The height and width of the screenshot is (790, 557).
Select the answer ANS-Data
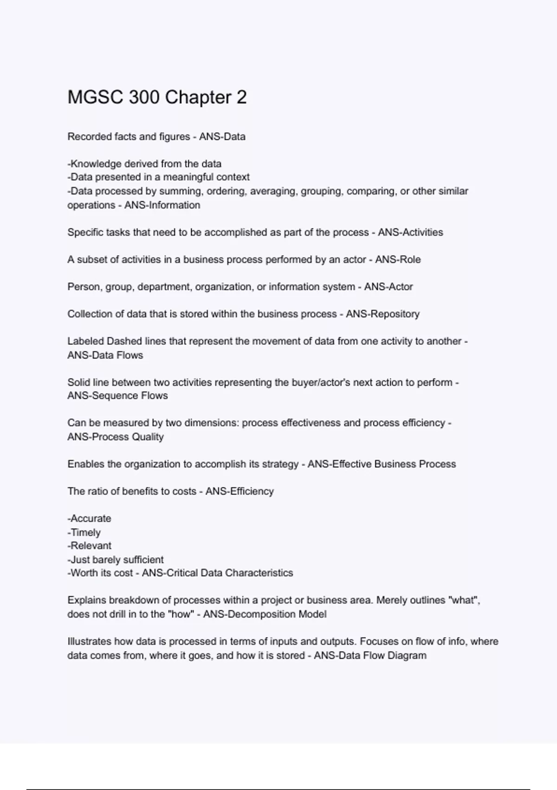coord(222,137)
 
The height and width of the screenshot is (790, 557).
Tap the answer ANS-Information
coord(162,205)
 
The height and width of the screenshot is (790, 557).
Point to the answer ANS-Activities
coord(410,232)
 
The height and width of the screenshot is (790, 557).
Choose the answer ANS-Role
coord(398,259)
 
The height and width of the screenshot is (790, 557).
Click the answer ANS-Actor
coord(389,287)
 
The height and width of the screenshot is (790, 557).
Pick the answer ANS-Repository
coord(382,314)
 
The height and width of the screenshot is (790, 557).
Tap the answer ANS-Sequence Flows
coord(117,396)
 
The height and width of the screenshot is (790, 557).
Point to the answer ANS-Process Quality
coord(116,437)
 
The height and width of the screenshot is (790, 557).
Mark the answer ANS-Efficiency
coord(240,491)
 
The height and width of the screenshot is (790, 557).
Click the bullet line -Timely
coord(84,533)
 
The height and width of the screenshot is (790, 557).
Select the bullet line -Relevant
coord(89,546)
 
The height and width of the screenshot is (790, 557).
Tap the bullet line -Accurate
coord(89,519)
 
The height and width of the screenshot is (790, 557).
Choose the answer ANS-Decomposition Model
coord(265,614)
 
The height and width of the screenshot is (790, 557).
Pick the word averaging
coord(273,191)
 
